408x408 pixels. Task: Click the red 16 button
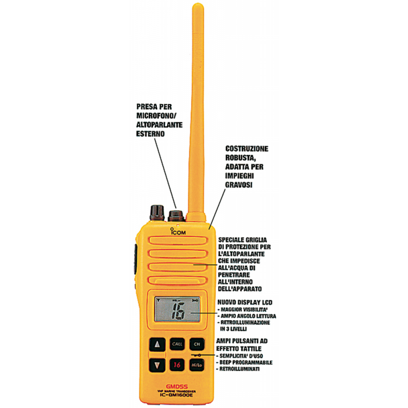pyautogui.click(x=176, y=365)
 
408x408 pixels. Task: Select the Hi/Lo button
pyautogui.click(x=196, y=365)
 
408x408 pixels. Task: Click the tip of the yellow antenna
pyautogui.click(x=196, y=7)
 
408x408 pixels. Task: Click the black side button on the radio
pyautogui.click(x=136, y=253)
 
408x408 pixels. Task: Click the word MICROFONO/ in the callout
pyautogui.click(x=157, y=116)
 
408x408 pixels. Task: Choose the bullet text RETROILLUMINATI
pyautogui.click(x=241, y=369)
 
